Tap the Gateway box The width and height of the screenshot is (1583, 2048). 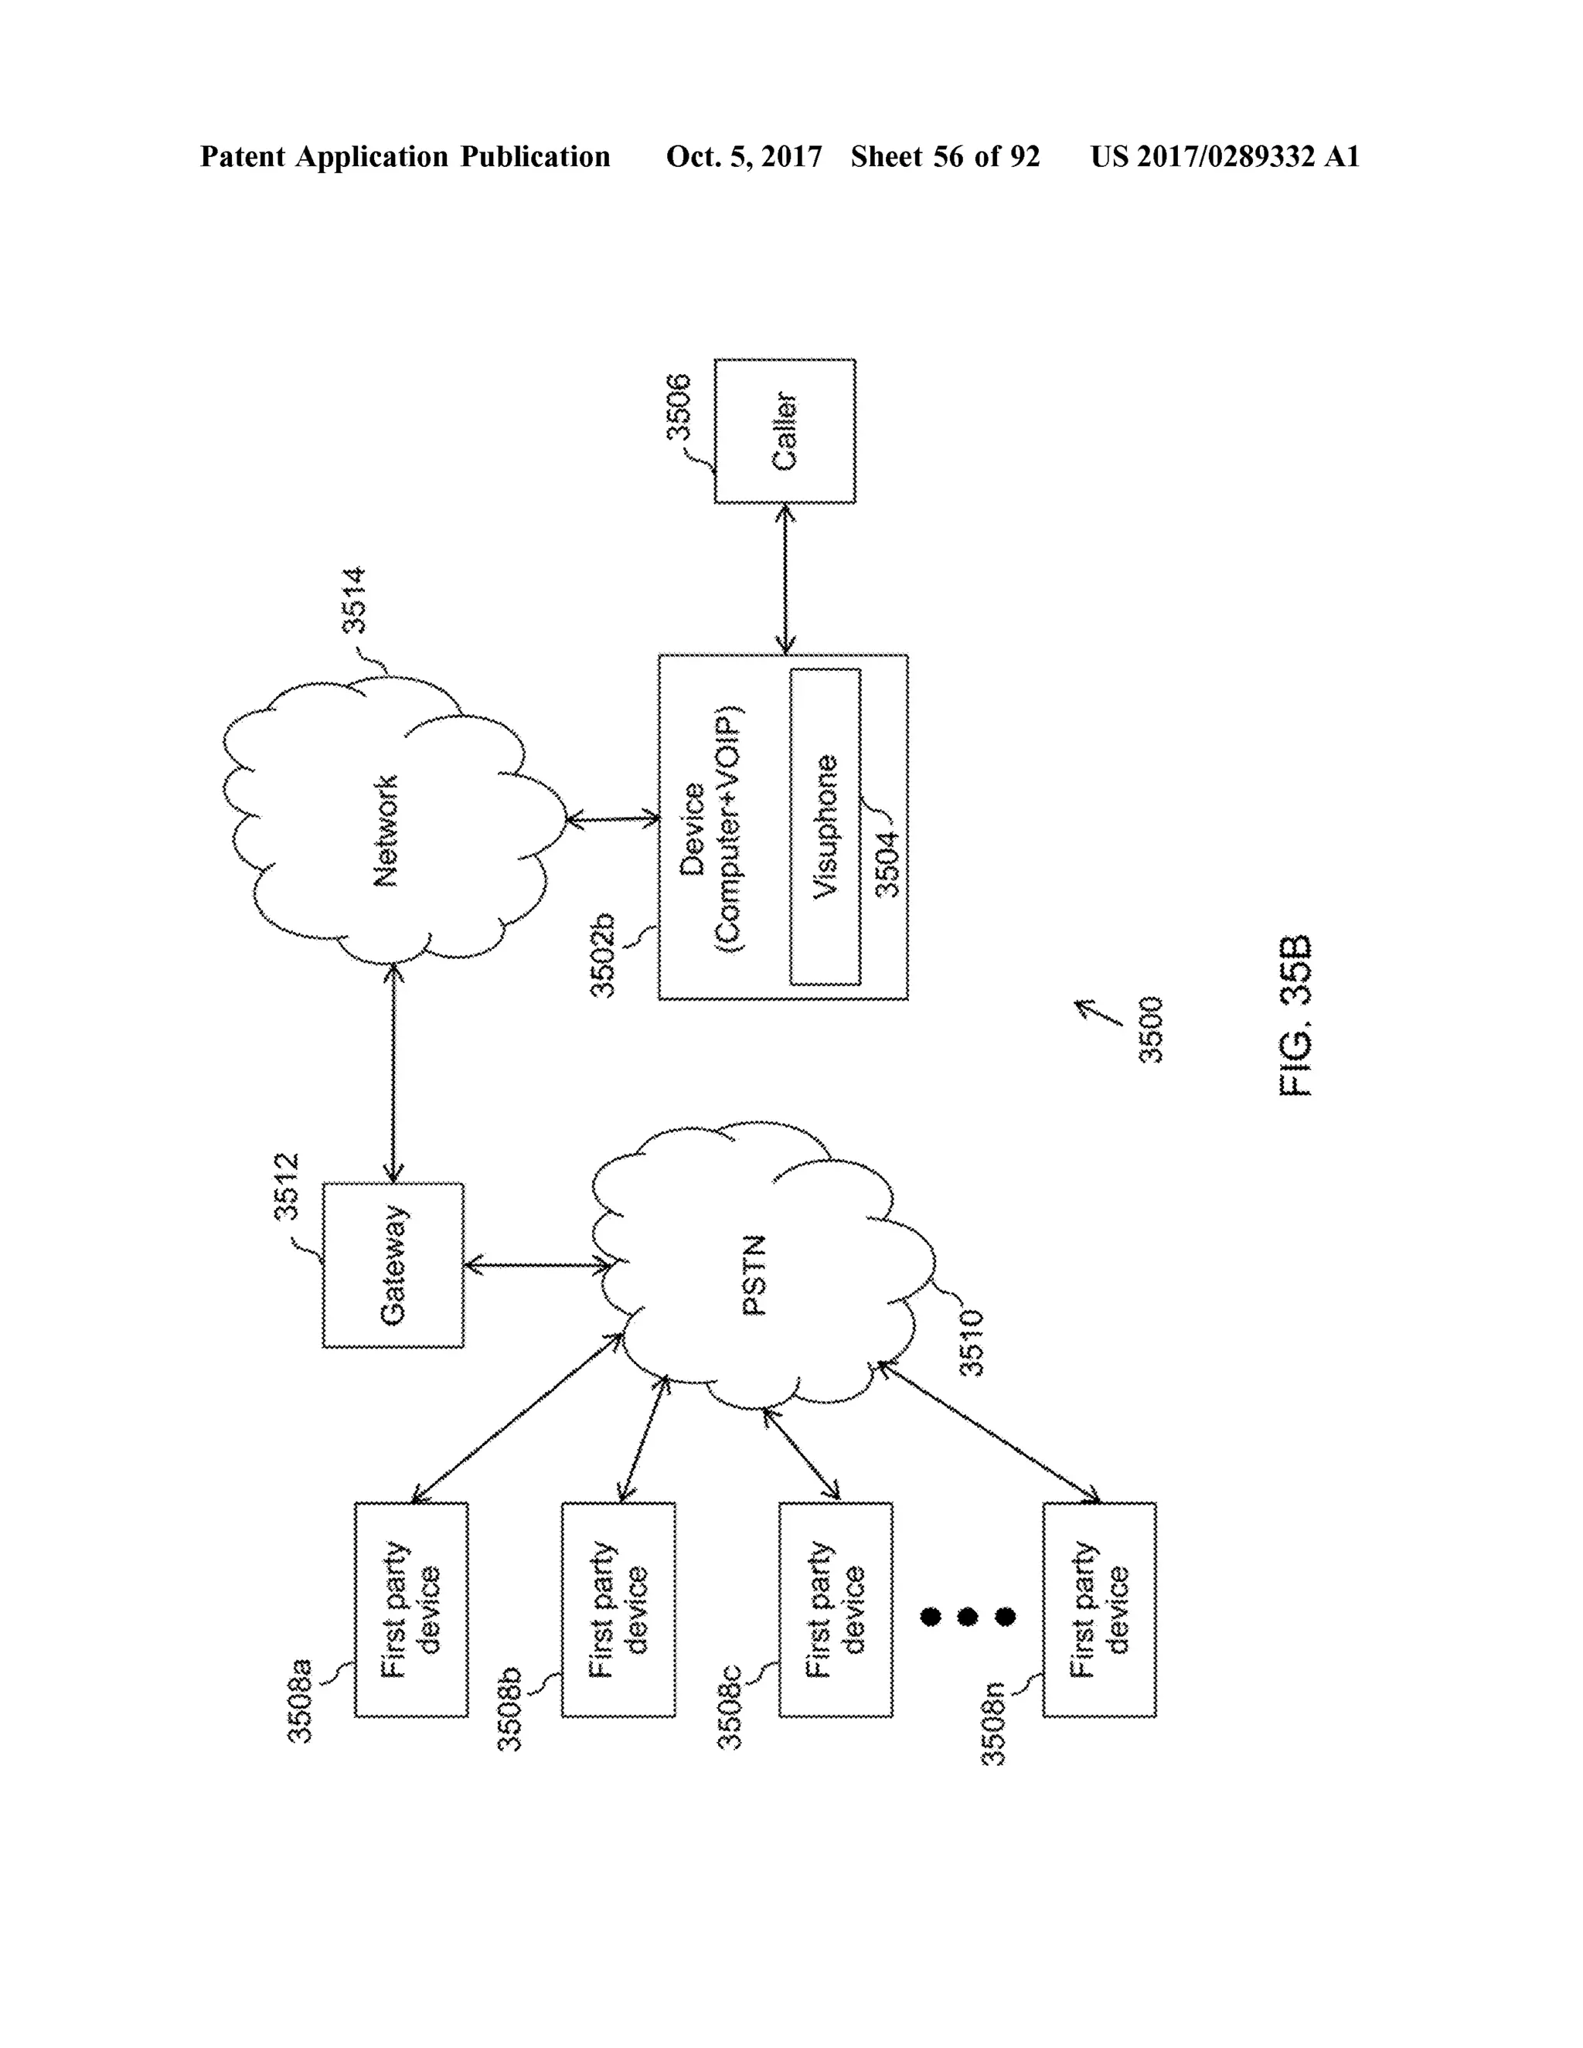coord(393,1264)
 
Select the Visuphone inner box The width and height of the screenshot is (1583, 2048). coord(826,826)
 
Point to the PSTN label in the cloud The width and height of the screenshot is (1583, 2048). coord(755,1275)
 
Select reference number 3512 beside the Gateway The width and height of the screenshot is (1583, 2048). coord(286,1186)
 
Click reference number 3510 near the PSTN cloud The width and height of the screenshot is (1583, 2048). coord(972,1343)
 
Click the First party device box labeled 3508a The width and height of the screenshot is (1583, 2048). coord(410,1609)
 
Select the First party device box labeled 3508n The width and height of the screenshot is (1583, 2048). coord(1099,1609)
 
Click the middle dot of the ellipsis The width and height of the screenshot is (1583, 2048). coord(968,1617)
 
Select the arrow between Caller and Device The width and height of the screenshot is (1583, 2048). coord(785,579)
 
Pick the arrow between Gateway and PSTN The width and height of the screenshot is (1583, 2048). coord(540,1266)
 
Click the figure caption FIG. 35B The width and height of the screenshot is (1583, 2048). coord(1296,1015)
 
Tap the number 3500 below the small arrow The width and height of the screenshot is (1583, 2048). coord(1151,1029)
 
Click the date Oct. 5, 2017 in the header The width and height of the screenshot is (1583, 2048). coord(744,157)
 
